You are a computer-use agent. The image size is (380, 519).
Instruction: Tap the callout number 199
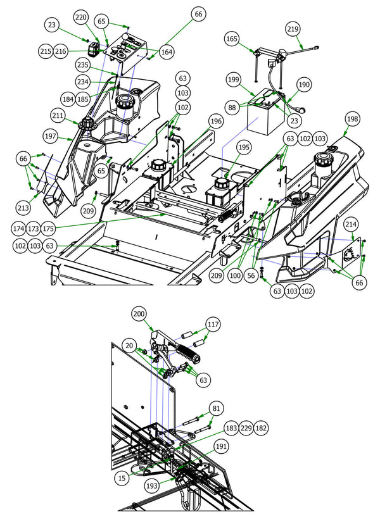(x=234, y=79)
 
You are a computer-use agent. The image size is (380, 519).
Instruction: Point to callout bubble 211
(x=58, y=116)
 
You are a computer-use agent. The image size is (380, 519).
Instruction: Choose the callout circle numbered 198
(x=352, y=119)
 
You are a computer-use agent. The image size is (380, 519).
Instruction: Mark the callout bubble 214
(x=351, y=224)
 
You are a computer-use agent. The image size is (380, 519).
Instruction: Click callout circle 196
(x=217, y=121)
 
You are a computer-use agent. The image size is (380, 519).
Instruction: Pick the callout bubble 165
(x=232, y=39)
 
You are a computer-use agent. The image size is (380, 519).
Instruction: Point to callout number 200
(x=139, y=313)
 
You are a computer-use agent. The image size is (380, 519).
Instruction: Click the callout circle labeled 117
(x=213, y=324)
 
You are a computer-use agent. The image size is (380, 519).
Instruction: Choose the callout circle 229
(x=246, y=428)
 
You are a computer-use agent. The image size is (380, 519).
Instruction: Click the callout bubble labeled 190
(x=304, y=84)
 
